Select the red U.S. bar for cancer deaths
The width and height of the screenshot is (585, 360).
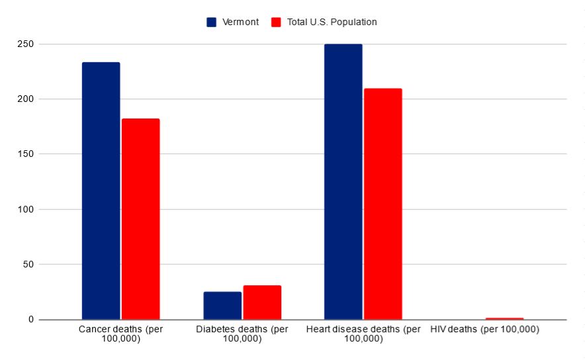(x=140, y=219)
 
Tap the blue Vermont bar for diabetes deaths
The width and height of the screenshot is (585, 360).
(x=222, y=306)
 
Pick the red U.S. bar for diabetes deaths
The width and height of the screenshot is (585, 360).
(x=262, y=302)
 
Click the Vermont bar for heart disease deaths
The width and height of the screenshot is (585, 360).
(x=343, y=182)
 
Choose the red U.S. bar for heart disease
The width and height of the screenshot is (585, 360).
(x=382, y=204)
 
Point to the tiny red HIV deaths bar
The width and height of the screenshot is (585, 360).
(x=504, y=318)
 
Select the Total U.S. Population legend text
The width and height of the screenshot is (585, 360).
(x=332, y=22)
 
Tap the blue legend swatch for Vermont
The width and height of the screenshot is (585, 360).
(x=212, y=22)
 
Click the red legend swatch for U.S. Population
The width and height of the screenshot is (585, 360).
(x=277, y=22)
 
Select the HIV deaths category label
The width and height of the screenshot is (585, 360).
(x=484, y=330)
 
